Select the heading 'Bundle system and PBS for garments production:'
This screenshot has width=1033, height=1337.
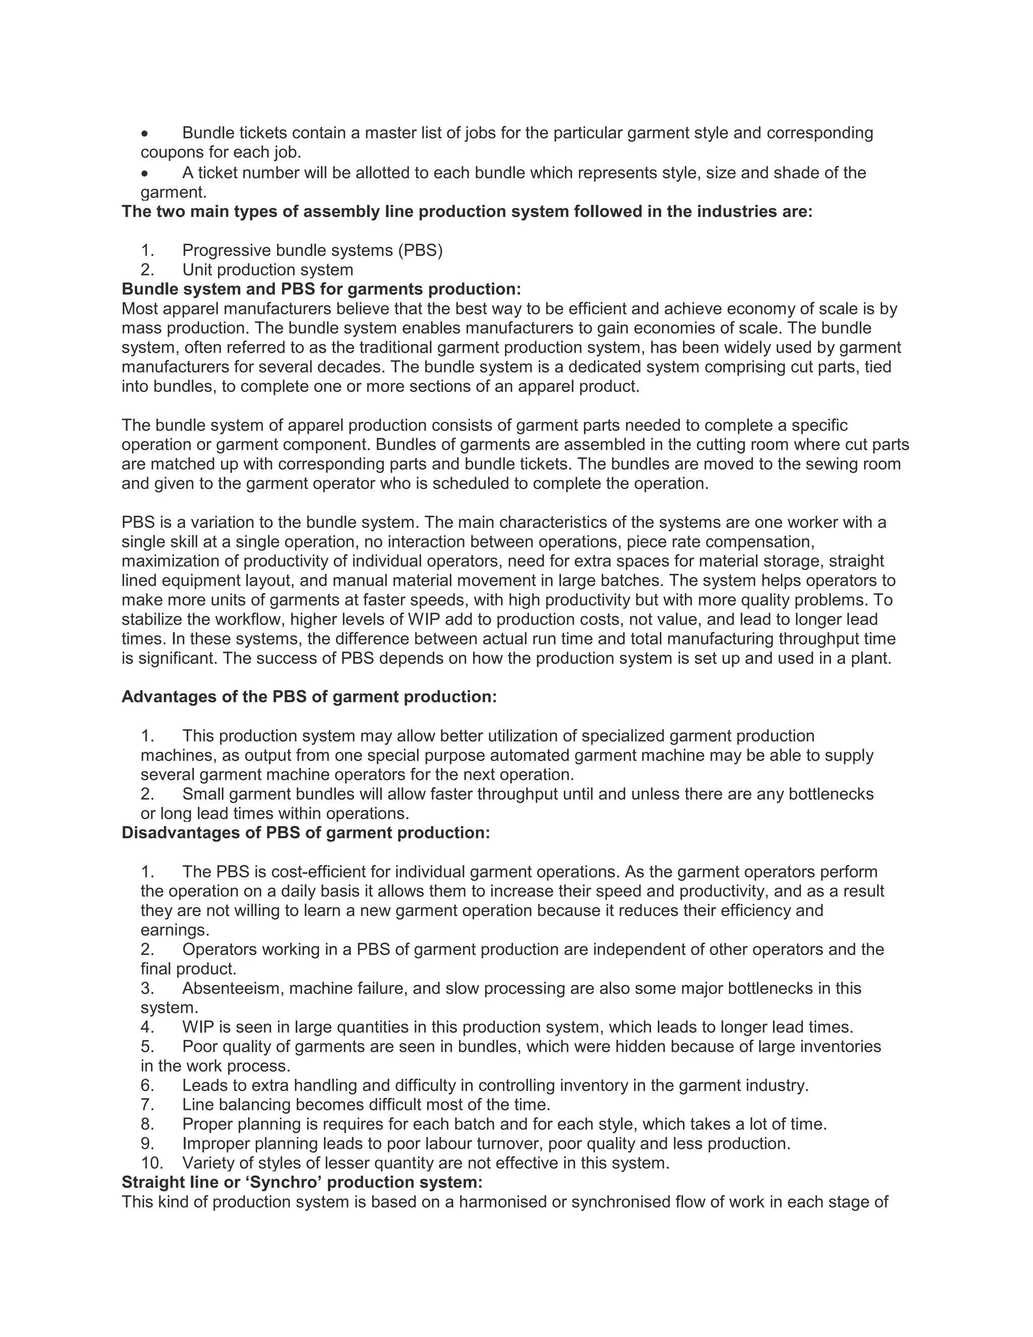(321, 289)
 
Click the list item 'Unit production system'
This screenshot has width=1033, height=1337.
(267, 270)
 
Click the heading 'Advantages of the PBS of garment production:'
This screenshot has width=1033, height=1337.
(309, 697)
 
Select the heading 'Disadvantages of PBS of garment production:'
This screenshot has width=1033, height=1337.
(306, 832)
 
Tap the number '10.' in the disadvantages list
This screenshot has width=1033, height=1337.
(152, 1163)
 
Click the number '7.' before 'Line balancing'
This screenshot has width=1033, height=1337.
(147, 1105)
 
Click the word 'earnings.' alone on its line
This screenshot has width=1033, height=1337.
(175, 930)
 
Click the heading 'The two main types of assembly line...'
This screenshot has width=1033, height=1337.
(467, 212)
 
